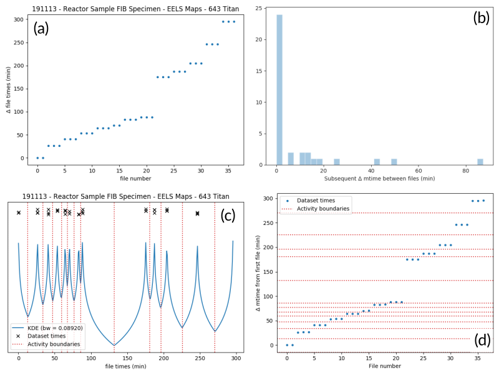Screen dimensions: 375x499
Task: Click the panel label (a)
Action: coord(41,28)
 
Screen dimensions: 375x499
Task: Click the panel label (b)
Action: coord(482,18)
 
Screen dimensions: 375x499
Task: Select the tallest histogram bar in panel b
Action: coord(279,89)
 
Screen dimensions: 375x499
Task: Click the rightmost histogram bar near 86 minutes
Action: coord(480,162)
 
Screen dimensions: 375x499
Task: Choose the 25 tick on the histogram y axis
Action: coord(266,9)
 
